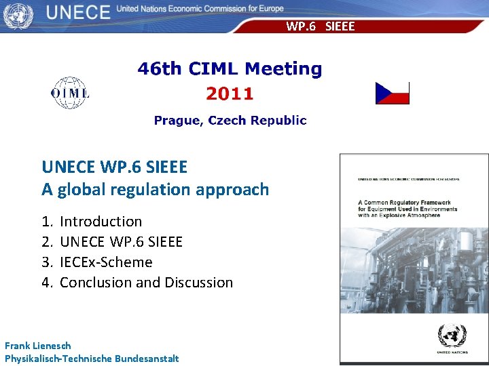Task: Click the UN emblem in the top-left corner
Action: (x=18, y=14)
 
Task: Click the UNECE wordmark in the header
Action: (x=79, y=12)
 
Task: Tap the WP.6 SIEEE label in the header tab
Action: (x=320, y=26)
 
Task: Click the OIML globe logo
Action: (x=70, y=93)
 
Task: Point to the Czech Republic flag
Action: (x=393, y=93)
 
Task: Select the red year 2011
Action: (x=230, y=94)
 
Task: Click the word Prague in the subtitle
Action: (x=177, y=120)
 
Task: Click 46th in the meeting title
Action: (x=160, y=68)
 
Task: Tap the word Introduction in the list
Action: (x=101, y=221)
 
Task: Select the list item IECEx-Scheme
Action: (x=106, y=262)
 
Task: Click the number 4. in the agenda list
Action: (x=47, y=282)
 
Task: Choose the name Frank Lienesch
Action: (x=38, y=345)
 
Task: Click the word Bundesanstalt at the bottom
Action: (x=147, y=358)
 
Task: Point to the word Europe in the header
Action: (x=269, y=9)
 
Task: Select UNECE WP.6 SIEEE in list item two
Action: (x=121, y=241)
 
